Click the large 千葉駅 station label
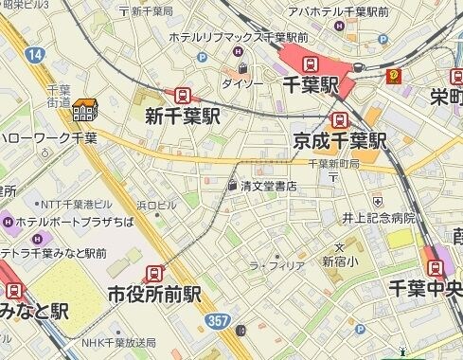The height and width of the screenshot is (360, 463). [311, 85]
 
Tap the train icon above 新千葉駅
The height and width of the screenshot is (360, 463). [181, 96]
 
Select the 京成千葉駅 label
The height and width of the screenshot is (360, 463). [339, 142]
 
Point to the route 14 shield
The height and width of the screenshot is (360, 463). [35, 56]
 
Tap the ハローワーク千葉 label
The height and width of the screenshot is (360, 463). [48, 138]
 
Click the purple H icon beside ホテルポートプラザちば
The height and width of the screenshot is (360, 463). [9, 223]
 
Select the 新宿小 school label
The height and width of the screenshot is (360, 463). [340, 261]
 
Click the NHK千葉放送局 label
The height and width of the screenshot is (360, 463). [116, 342]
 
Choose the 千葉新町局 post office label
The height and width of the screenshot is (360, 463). [332, 164]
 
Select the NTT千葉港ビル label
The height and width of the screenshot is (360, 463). [75, 204]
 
